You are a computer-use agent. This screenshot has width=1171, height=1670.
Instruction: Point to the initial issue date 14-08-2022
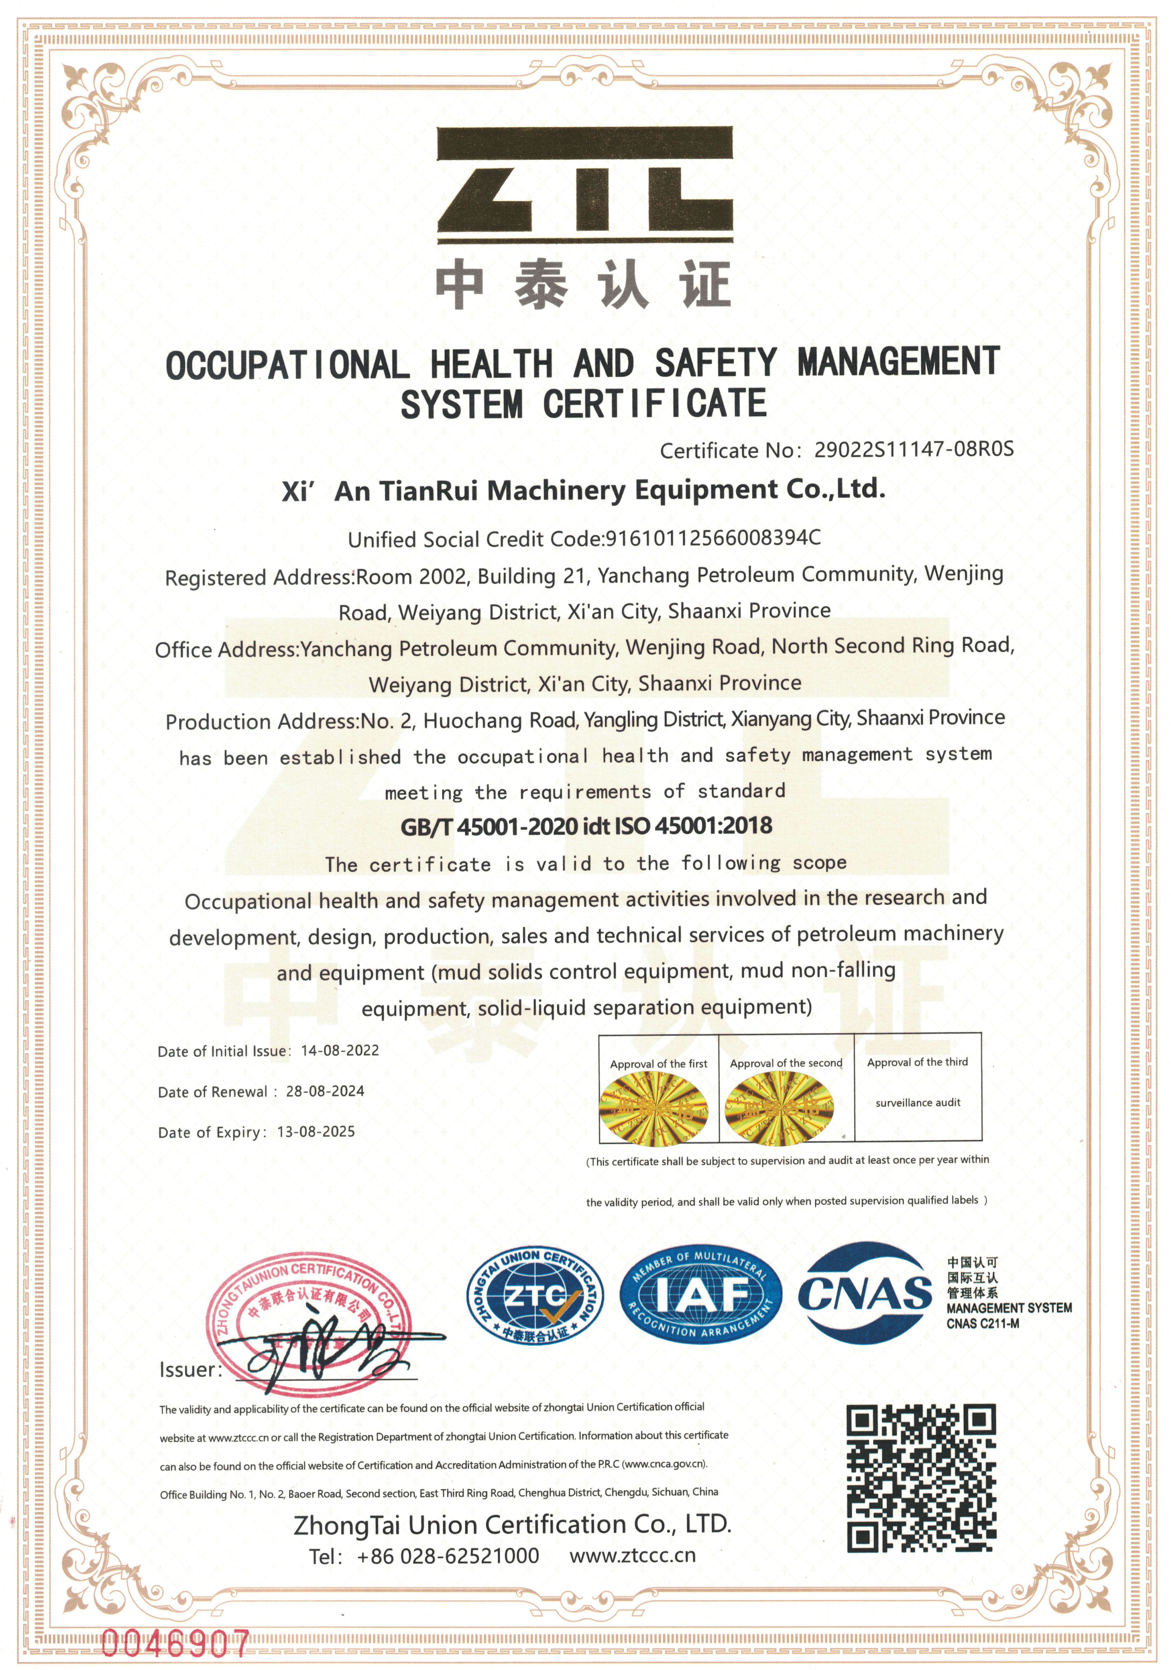(x=340, y=1050)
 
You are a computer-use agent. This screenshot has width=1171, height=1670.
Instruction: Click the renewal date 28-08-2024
(x=325, y=1091)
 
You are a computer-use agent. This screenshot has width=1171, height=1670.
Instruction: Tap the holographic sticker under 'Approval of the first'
(x=653, y=1107)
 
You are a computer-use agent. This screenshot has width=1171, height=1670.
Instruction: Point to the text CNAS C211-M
(x=982, y=1324)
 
